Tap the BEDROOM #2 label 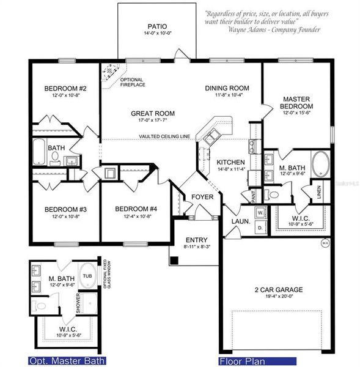(65, 89)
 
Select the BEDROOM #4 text (136, 209)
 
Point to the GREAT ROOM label (153, 113)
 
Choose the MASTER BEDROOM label (298, 102)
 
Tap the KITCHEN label (230, 161)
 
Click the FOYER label (202, 197)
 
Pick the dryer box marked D (260, 228)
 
